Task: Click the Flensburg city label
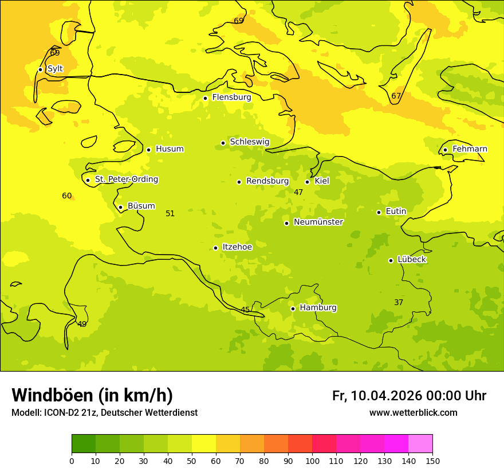[x=231, y=97]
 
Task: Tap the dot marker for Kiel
[x=307, y=182]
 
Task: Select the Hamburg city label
[x=318, y=308]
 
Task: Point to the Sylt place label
[x=55, y=69]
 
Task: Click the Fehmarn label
[x=470, y=149]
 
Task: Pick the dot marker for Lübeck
[x=391, y=260]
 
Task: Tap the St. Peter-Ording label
[x=126, y=180]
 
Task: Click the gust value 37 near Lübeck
[x=399, y=302]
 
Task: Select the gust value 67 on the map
[x=396, y=96]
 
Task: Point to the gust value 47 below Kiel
[x=298, y=192]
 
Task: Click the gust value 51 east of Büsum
[x=170, y=213]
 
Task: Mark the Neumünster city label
[x=318, y=222]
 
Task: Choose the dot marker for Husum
[x=148, y=150]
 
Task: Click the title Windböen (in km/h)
[x=92, y=395]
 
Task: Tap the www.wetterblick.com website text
[x=413, y=413]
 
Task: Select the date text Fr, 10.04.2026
[x=377, y=396]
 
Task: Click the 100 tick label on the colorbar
[x=312, y=461]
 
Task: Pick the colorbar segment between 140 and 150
[x=420, y=443]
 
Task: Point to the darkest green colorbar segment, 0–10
[x=84, y=443]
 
